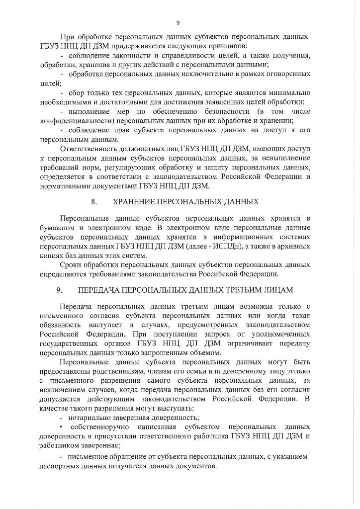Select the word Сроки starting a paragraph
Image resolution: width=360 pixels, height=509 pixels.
71,265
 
